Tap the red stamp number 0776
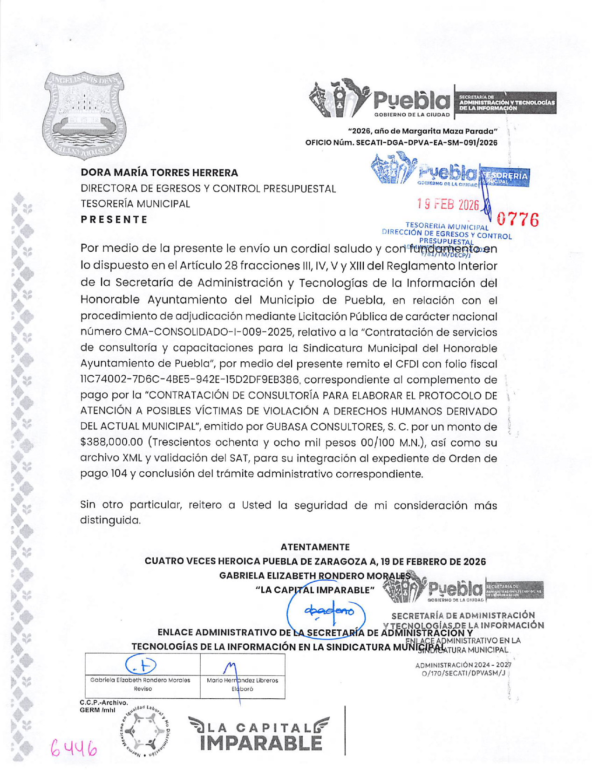517,219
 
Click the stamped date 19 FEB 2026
448,204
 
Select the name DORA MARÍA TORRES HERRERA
159,172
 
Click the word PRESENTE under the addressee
114,219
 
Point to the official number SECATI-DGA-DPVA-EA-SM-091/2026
426,143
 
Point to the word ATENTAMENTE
315,547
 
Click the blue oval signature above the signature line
326,611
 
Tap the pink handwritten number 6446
74,748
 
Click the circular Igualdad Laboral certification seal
145,730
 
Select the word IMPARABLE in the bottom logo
261,743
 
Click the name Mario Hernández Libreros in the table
242,680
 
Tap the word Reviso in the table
143,688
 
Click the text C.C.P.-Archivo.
104,702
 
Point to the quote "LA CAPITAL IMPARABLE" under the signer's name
315,590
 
